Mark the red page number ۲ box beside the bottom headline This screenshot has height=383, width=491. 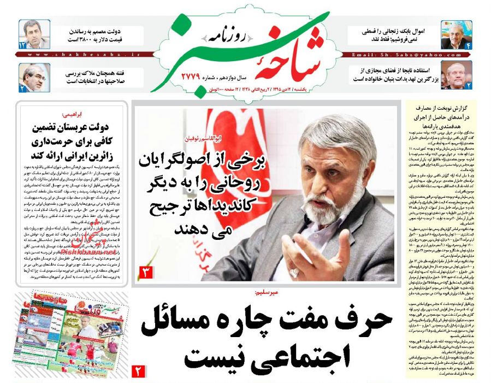pos(138,373)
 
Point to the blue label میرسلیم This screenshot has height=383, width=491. pos(266,292)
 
